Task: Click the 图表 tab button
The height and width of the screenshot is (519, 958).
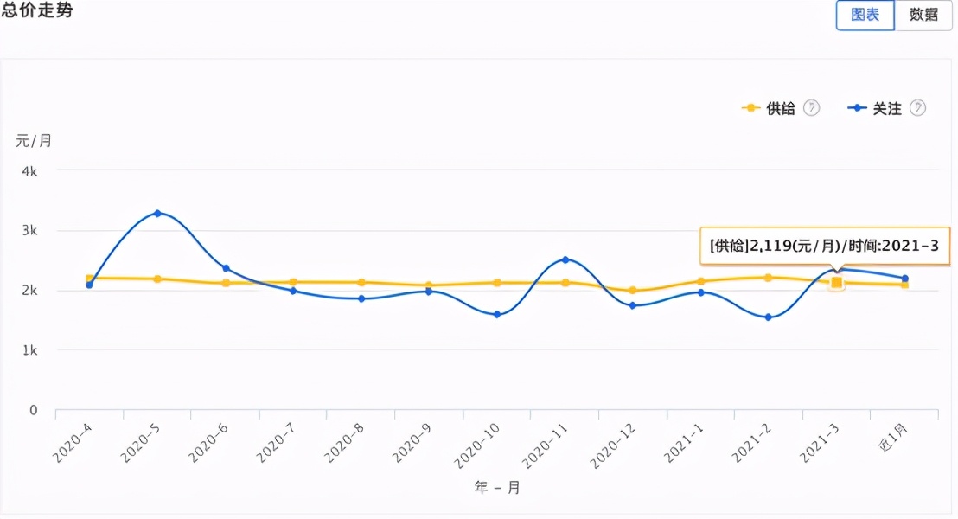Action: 865,15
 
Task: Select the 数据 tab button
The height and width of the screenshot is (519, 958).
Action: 923,15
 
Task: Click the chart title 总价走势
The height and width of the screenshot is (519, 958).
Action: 36,10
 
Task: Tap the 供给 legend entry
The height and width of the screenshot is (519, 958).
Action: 770,108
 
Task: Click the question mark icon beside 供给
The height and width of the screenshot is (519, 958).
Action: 811,108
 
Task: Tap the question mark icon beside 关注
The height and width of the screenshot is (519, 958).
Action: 918,108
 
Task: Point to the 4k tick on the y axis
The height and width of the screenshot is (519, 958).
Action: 29,171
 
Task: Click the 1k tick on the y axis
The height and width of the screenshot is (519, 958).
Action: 29,350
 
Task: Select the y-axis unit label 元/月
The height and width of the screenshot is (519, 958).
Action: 34,141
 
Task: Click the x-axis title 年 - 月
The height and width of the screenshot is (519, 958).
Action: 497,488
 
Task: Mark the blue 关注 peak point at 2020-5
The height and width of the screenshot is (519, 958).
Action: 157,213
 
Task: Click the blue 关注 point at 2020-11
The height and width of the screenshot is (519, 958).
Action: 565,259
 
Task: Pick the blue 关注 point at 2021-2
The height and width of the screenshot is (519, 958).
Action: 769,317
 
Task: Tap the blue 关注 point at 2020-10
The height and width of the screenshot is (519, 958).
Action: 497,315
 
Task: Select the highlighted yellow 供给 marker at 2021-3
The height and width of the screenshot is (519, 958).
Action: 836,282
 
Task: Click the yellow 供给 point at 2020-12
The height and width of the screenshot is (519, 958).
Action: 633,291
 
